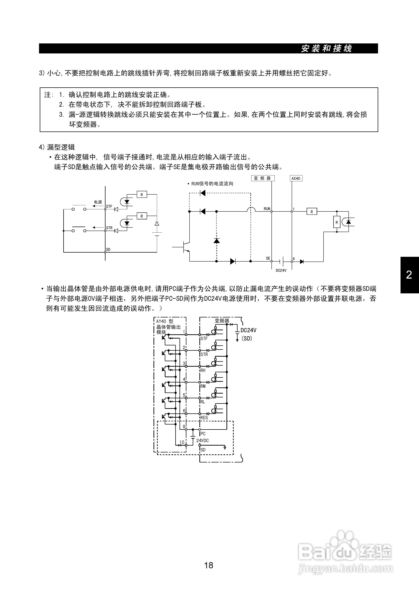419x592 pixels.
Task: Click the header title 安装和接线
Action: pos(326,49)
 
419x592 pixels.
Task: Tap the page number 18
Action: pos(209,565)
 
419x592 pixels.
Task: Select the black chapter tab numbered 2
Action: pos(409,275)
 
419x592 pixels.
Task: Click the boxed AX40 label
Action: pos(296,178)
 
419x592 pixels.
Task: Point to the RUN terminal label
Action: pos(267,209)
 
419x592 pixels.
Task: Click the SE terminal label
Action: pos(268,258)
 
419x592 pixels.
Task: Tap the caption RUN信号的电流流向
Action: pos(212,184)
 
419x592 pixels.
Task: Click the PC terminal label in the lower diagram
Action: pos(203,434)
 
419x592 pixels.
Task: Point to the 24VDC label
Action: pos(203,441)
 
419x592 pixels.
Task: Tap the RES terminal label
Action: pos(204,418)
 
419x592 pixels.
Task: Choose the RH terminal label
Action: pos(203,370)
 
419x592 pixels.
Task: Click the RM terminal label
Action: pos(203,386)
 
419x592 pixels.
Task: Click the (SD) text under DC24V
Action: pos(247,338)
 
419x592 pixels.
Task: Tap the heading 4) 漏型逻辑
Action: pos(57,147)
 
